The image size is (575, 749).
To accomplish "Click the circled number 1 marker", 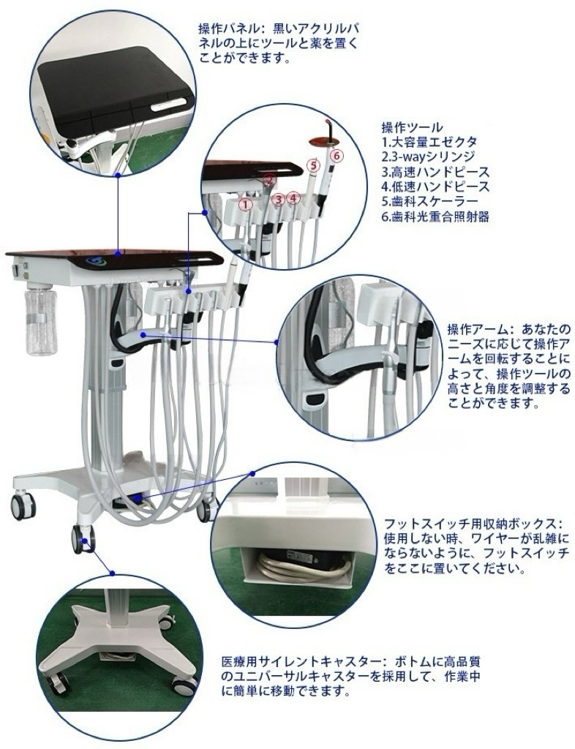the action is click(x=246, y=205).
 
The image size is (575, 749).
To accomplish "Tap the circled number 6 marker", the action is click(x=336, y=155).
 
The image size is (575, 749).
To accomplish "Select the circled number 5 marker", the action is click(x=313, y=165).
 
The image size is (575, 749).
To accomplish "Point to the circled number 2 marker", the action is click(x=269, y=181).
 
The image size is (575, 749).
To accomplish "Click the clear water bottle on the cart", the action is click(x=40, y=318).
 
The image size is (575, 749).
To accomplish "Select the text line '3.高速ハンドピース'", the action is click(x=435, y=172).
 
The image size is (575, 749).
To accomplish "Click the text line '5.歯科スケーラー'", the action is click(x=429, y=202).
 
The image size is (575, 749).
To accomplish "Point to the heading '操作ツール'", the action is click(x=412, y=127).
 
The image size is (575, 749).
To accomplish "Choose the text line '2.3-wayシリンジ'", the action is click(x=429, y=157).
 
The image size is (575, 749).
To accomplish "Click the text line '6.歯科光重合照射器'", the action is click(x=435, y=217).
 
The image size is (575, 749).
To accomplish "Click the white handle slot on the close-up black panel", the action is click(x=168, y=105).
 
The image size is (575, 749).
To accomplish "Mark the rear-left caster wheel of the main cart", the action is click(x=23, y=506).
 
